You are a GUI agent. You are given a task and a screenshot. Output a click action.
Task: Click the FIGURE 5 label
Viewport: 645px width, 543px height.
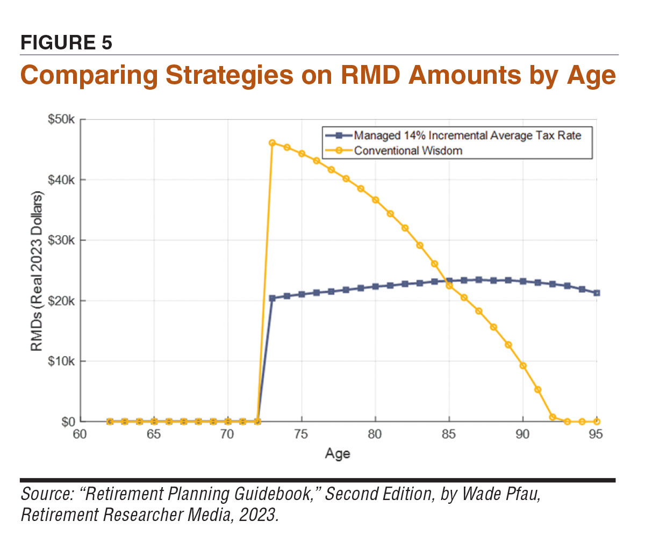pos(66,42)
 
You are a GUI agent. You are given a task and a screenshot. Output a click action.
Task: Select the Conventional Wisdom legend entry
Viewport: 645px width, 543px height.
pos(407,150)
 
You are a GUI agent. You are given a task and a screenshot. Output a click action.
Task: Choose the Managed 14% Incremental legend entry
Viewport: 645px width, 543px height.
pos(467,135)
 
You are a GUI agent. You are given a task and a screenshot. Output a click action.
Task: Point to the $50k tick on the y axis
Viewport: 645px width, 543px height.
pos(61,119)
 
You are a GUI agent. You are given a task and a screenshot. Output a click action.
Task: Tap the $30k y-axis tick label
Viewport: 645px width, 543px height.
pos(61,240)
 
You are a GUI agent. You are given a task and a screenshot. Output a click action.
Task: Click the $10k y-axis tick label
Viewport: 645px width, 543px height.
pos(61,361)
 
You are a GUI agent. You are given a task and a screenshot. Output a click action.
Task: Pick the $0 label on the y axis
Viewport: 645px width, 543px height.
pos(67,422)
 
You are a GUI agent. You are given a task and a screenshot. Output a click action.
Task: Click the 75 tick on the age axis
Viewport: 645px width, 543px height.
pos(301,434)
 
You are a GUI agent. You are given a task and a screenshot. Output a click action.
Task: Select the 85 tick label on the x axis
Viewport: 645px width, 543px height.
pos(449,434)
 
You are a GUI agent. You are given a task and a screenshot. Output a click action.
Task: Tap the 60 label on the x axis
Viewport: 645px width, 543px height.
pos(80,434)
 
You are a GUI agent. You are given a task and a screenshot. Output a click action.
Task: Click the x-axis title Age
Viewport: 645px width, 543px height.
pos(338,454)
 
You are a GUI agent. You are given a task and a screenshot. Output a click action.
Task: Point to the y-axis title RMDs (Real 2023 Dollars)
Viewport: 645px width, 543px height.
pos(36,271)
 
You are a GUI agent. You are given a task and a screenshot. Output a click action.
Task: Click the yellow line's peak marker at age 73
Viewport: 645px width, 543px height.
pos(272,143)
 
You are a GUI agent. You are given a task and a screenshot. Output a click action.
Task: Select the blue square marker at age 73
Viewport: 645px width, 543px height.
pos(272,298)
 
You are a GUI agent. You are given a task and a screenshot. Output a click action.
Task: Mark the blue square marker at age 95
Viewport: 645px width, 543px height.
pos(597,293)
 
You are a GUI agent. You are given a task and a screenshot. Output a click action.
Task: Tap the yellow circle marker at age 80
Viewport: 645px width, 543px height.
pos(375,200)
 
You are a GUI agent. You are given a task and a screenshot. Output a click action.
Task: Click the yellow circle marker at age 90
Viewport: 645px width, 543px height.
pos(523,366)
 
